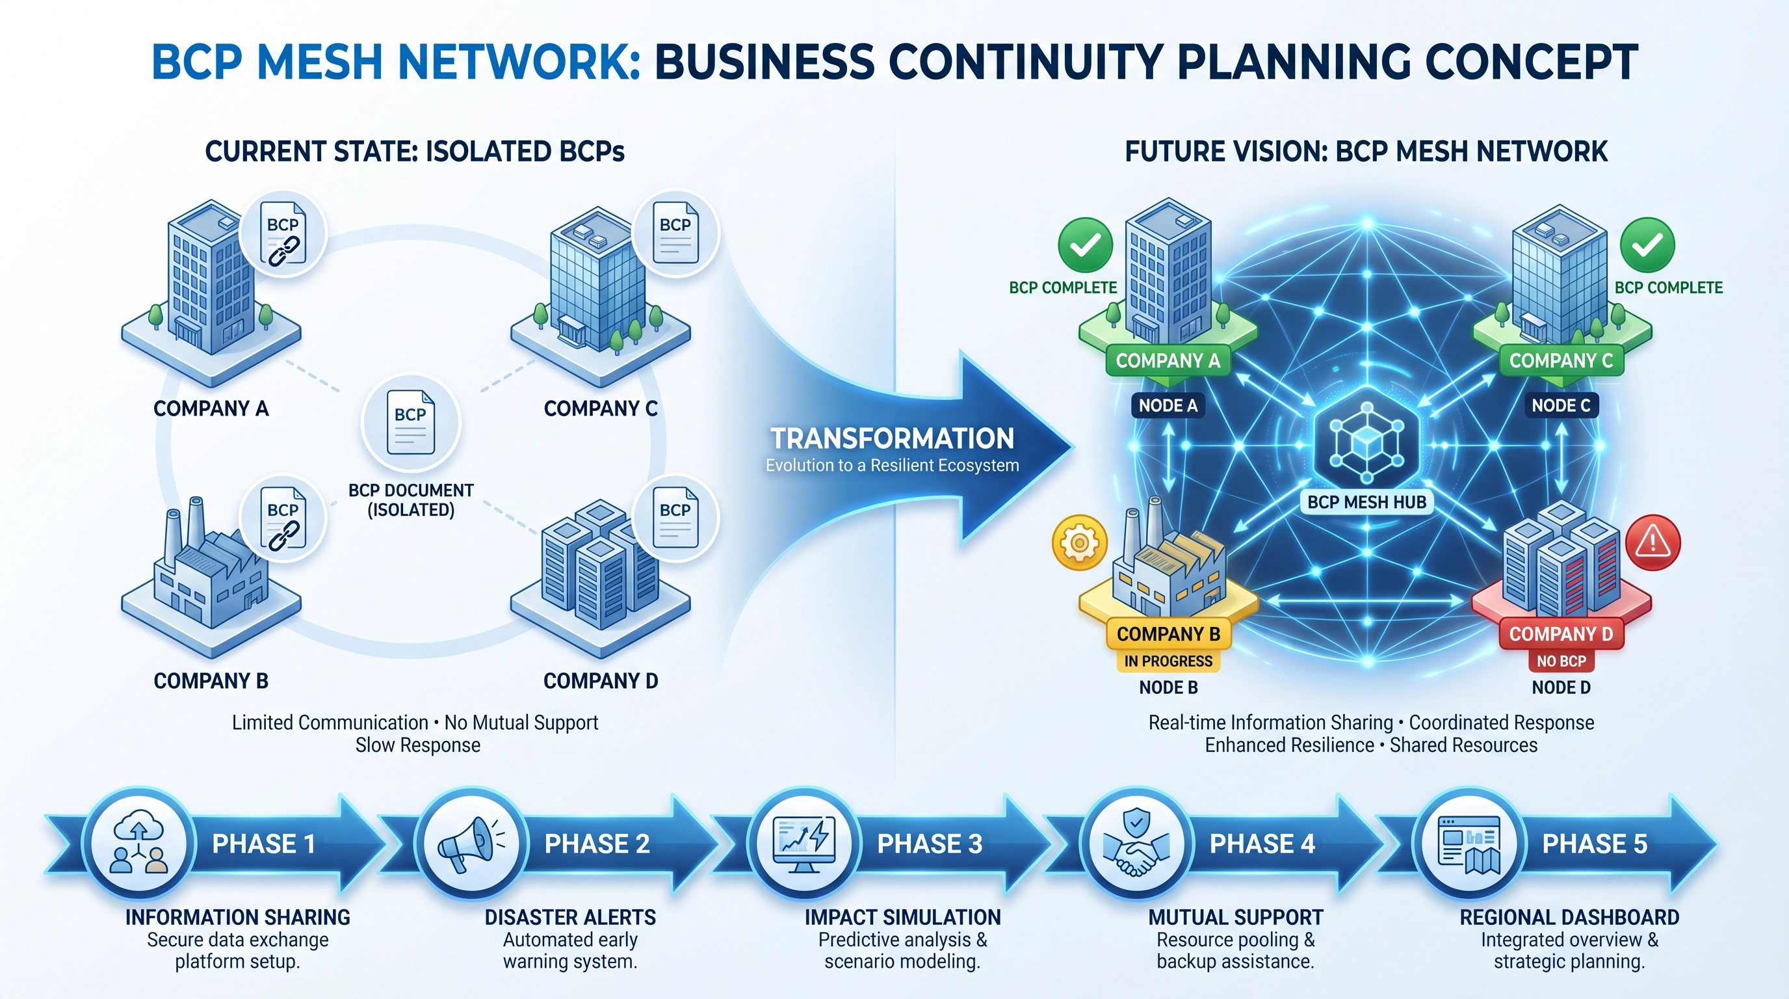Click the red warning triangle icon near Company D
(x=1653, y=542)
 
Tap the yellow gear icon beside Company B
(x=1079, y=542)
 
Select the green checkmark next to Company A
(x=1085, y=245)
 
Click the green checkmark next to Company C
(x=1647, y=245)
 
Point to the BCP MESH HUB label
(x=1366, y=501)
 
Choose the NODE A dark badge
(x=1168, y=406)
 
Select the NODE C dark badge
(x=1561, y=406)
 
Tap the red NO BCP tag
(x=1561, y=661)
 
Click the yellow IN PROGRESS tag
(x=1168, y=661)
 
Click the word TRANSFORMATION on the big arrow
(x=892, y=438)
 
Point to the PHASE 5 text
(x=1594, y=844)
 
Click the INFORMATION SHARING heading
(x=237, y=917)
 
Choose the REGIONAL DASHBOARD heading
(x=1569, y=917)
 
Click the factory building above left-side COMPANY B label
(x=208, y=577)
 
